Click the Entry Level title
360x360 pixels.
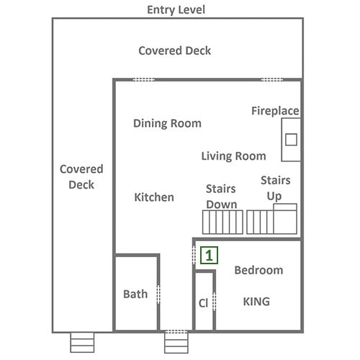(x=176, y=10)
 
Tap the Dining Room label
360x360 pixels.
(x=167, y=123)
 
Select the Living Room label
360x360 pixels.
(x=233, y=156)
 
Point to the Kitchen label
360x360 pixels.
(x=154, y=197)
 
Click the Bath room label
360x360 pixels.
(x=135, y=294)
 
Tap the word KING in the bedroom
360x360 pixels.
(x=256, y=302)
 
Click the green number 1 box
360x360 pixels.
(x=209, y=256)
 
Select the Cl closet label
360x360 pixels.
(x=203, y=303)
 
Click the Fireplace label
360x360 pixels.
(x=275, y=111)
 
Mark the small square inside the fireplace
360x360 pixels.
(x=291, y=140)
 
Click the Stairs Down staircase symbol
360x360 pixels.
(x=222, y=222)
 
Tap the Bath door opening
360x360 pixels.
(x=158, y=294)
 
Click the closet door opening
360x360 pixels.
(x=215, y=302)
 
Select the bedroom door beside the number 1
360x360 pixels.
(x=194, y=254)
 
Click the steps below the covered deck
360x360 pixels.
(x=82, y=343)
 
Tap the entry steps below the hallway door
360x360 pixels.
(x=176, y=343)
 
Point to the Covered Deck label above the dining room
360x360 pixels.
(x=175, y=51)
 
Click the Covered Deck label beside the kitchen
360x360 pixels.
(x=81, y=177)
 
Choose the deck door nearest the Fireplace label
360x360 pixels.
(x=271, y=79)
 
